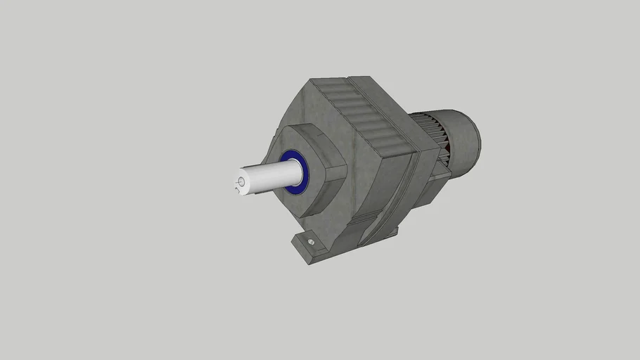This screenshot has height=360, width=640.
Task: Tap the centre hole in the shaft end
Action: tap(242, 182)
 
